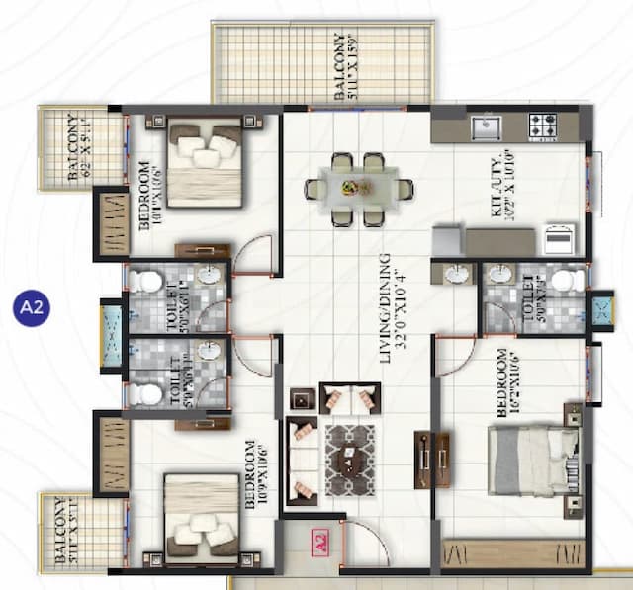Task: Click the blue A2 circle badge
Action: (x=33, y=306)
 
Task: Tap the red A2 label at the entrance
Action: (x=318, y=543)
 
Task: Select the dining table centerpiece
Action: (x=349, y=187)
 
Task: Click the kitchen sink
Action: (x=486, y=127)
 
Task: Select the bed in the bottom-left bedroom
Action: (x=201, y=513)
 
